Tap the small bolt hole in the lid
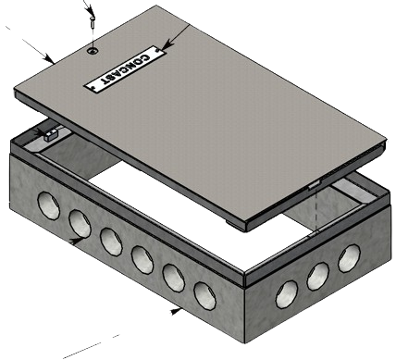[92, 52]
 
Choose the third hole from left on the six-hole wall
[111, 239]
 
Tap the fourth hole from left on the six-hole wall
[142, 257]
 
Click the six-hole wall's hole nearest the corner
[204, 294]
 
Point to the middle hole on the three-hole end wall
[320, 274]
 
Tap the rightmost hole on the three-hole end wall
[351, 256]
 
